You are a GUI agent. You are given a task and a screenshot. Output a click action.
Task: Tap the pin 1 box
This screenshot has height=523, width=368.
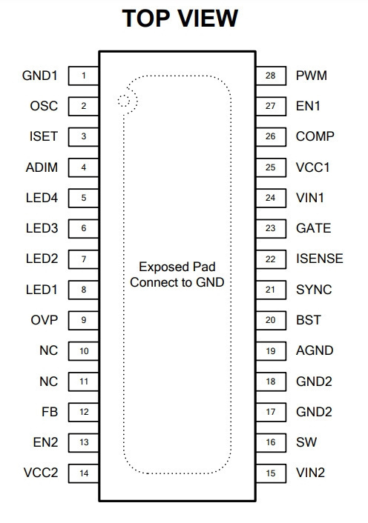[84, 76]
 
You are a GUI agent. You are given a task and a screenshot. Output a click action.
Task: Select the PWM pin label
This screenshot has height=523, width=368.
[311, 76]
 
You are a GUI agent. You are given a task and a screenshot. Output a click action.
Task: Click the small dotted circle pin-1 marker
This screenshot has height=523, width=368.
[124, 101]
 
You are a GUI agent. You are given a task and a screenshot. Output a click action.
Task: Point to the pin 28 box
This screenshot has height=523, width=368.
[271, 76]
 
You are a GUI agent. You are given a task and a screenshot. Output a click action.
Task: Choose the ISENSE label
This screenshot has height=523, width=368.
[320, 259]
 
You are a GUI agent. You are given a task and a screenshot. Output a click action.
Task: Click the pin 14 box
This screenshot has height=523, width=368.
[84, 473]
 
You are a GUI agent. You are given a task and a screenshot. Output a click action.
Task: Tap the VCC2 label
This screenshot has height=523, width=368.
[41, 473]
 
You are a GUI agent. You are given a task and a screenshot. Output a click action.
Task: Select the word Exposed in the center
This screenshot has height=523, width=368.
[160, 267]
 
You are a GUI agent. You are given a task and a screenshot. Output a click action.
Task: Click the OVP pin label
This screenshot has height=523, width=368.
[45, 320]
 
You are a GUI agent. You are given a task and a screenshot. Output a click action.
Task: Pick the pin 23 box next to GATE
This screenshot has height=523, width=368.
[271, 228]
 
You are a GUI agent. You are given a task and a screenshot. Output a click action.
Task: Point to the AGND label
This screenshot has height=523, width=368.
[315, 350]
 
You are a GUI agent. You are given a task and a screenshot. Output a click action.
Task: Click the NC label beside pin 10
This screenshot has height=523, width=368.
[49, 350]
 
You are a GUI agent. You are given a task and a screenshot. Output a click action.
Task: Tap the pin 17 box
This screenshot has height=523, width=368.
[271, 412]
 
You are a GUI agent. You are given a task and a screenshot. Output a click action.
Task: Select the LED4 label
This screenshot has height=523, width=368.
[42, 198]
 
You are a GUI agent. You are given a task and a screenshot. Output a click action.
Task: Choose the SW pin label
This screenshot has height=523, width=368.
[306, 442]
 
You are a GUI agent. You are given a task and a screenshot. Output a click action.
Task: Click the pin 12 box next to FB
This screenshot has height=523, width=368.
[84, 412]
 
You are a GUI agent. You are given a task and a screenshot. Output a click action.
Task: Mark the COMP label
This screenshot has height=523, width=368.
[315, 136]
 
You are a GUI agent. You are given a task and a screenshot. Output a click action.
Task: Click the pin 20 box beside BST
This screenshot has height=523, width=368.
[271, 320]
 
